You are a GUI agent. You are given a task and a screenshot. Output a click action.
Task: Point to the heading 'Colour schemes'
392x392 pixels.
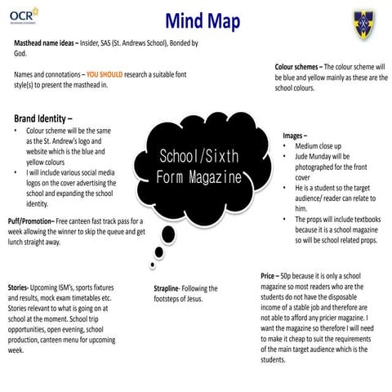tap(297, 66)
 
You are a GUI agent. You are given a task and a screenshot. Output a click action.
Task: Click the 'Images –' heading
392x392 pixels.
tap(295, 136)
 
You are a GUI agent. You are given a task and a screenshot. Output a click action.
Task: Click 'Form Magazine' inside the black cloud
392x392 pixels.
tap(200, 176)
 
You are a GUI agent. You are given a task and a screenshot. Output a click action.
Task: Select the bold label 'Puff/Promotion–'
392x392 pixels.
tap(30, 221)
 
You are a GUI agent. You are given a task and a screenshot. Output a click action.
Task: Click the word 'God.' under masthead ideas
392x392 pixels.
tap(22, 53)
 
